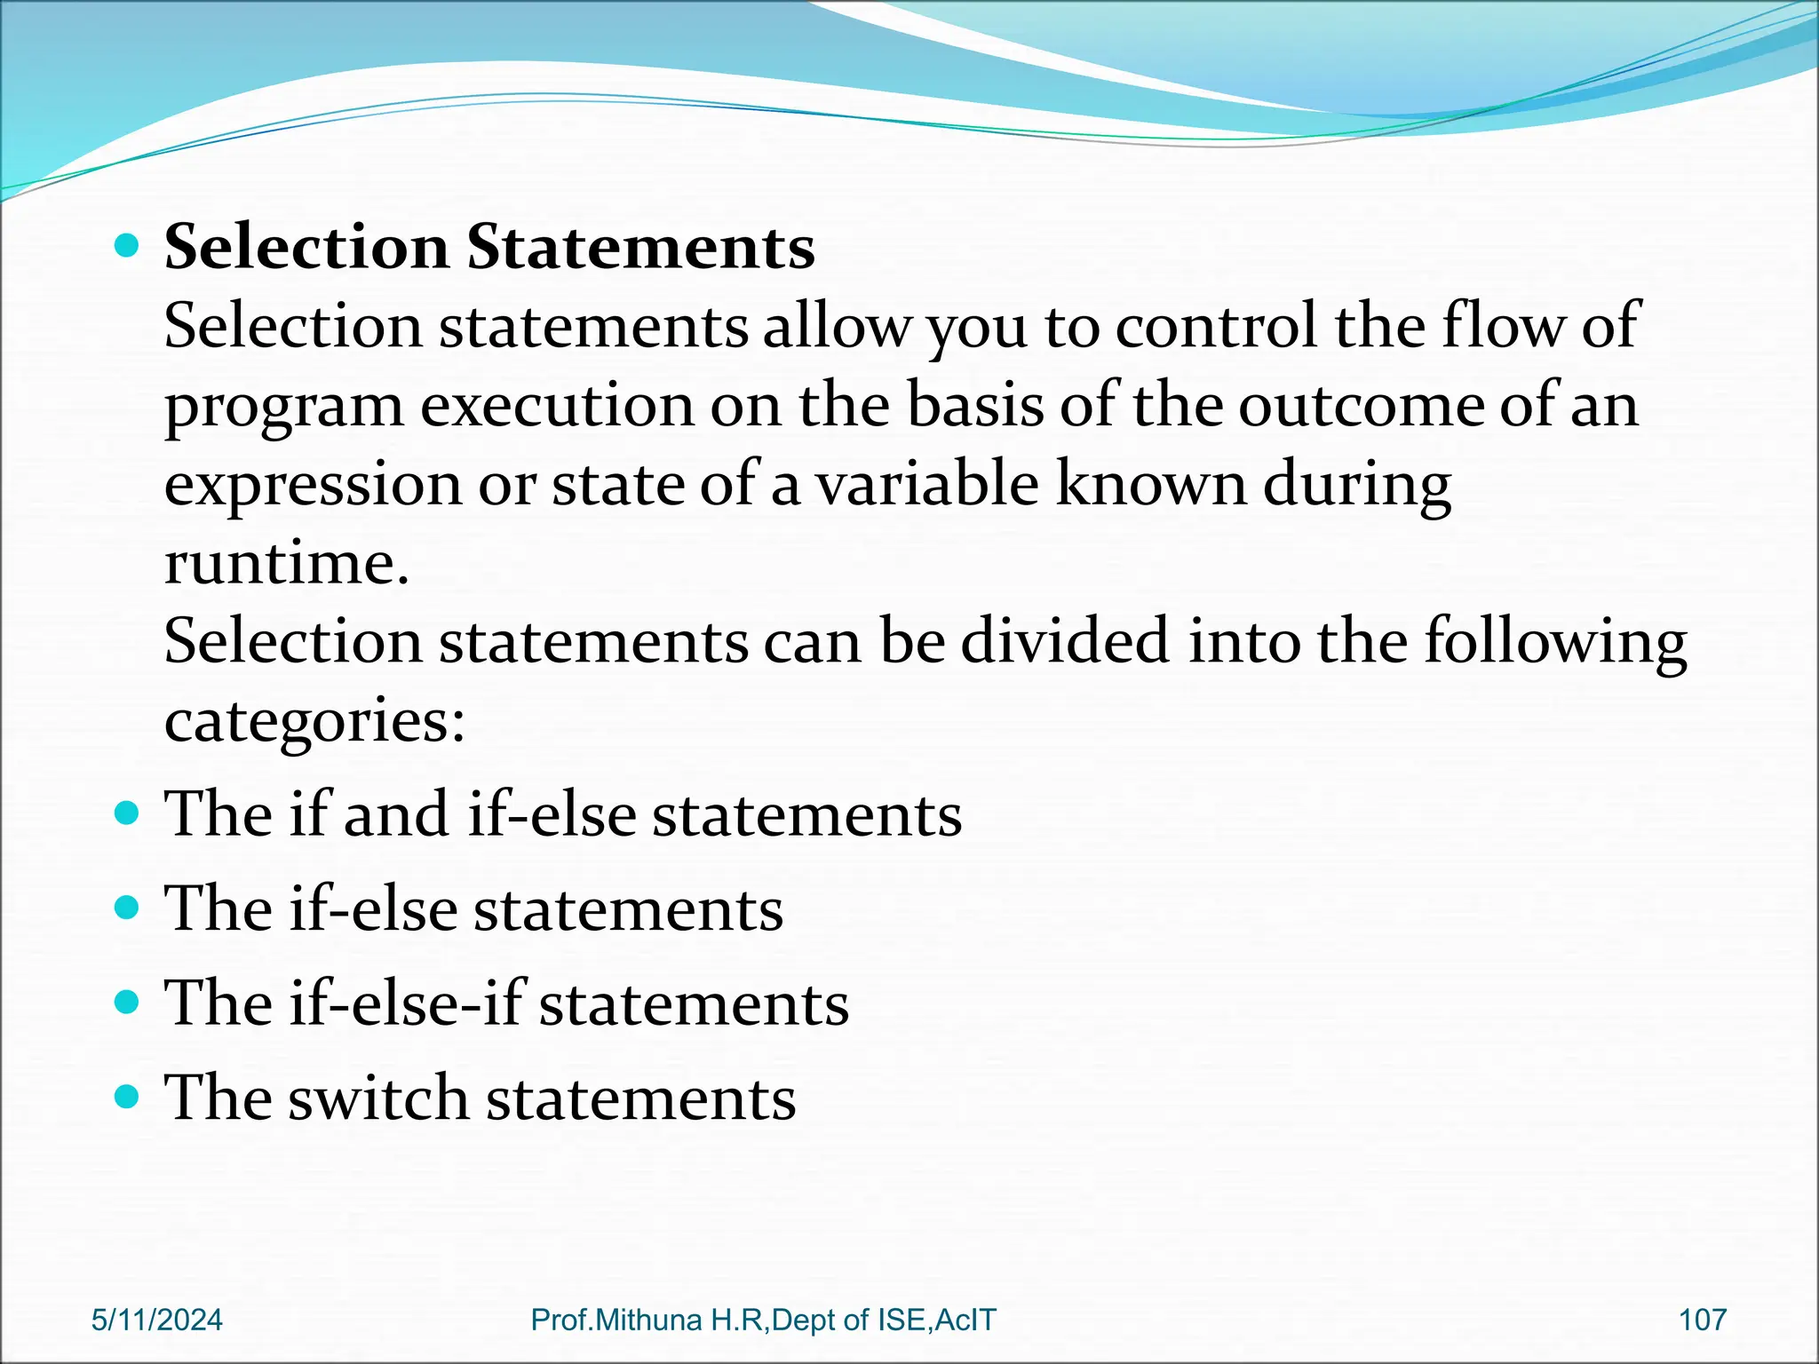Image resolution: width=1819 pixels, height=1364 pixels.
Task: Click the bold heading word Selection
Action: point(306,247)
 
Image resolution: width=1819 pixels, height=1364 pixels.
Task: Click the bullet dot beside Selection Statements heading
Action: point(128,246)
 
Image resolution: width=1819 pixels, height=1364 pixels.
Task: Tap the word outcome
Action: point(1360,406)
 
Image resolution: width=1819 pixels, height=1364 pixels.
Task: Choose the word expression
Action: point(313,486)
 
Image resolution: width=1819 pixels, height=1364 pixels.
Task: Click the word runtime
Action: point(286,564)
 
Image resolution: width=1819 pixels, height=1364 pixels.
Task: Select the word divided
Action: point(1065,642)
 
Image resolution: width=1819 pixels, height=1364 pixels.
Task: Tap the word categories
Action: point(314,721)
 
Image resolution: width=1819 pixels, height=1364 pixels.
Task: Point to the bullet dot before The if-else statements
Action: point(128,908)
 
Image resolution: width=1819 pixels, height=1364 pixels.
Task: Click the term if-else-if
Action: point(408,1003)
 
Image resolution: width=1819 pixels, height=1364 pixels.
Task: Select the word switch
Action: point(378,1098)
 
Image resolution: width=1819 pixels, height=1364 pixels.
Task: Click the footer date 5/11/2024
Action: point(157,1320)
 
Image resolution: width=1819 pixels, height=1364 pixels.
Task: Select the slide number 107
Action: point(1702,1320)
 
